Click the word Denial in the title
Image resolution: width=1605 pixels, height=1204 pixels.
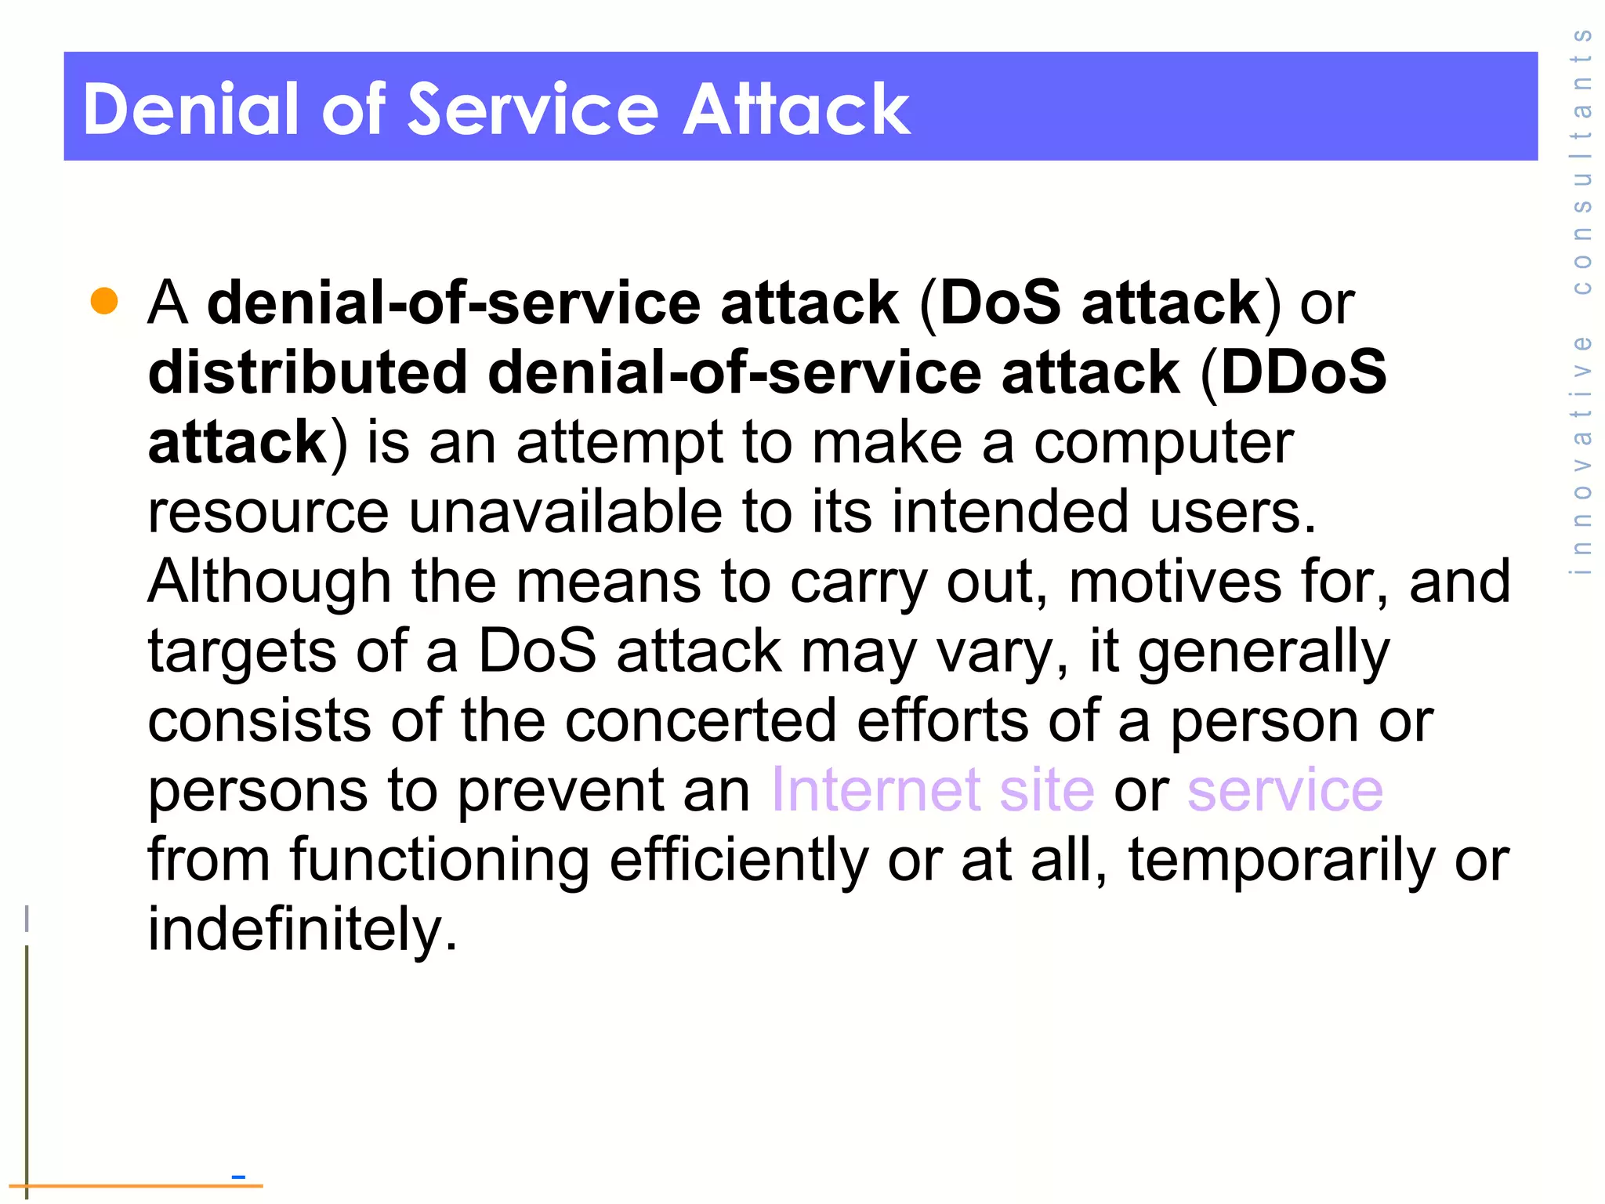point(191,109)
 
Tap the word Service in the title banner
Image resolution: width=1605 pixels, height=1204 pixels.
point(533,109)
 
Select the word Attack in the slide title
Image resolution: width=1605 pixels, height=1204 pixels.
point(796,109)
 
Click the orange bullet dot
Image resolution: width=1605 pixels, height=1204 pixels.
point(104,301)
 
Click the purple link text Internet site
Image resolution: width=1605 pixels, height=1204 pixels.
point(933,790)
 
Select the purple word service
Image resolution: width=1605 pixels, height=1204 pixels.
point(1285,790)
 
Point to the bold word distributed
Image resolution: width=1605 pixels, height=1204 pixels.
point(308,372)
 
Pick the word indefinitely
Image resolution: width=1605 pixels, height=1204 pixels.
point(303,930)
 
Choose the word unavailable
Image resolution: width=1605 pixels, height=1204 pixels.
point(565,512)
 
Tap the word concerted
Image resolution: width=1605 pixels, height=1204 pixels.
point(701,720)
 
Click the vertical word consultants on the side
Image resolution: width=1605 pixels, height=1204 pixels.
point(1582,161)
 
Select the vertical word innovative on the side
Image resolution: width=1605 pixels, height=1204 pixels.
point(1582,455)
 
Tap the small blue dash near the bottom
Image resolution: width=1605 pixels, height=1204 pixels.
point(238,1177)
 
